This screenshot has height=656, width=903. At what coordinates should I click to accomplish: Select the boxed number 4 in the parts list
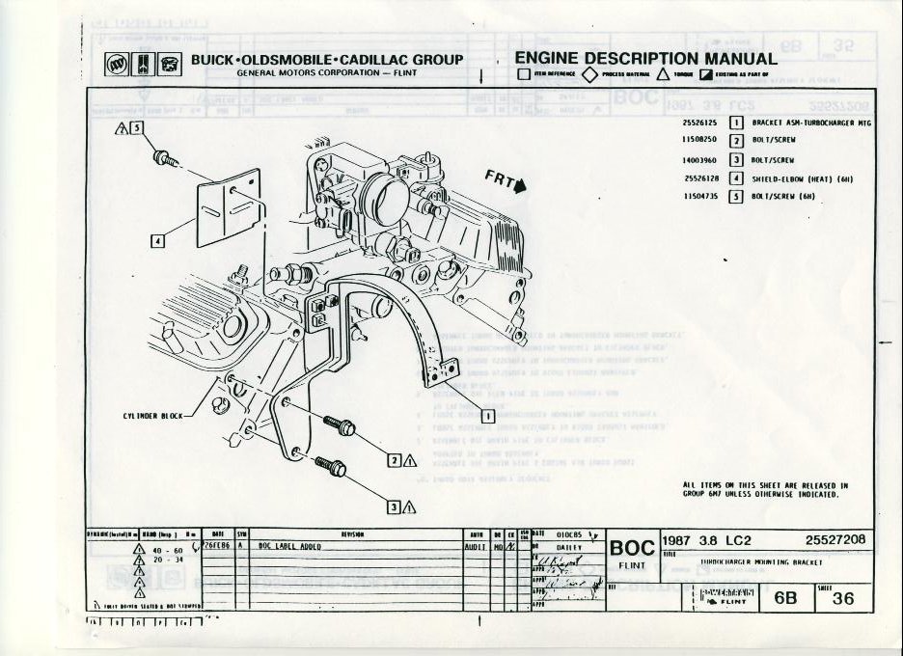[736, 178]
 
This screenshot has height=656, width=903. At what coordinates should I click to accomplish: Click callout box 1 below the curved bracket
[487, 416]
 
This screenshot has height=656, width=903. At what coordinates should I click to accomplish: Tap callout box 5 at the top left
[137, 128]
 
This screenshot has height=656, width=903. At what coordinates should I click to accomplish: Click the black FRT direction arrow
[521, 187]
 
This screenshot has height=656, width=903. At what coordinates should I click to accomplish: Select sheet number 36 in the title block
[842, 598]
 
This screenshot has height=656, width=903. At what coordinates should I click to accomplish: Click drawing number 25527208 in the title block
[835, 540]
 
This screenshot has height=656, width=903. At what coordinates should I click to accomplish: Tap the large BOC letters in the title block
[632, 548]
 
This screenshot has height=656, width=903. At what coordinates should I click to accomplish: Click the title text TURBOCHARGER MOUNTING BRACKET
[762, 560]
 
